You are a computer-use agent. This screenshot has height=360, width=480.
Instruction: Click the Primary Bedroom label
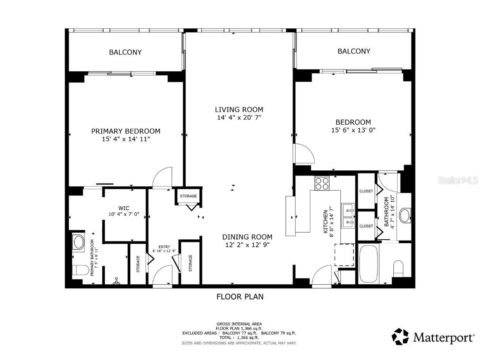tap(126, 131)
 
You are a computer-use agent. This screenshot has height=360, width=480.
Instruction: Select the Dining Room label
tap(247, 237)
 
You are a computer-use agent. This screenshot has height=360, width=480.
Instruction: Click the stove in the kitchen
tap(321, 183)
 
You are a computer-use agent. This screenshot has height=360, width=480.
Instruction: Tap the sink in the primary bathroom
tap(79, 242)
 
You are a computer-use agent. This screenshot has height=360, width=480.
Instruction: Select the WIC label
tap(123, 208)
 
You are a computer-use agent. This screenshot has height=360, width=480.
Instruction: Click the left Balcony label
tap(126, 52)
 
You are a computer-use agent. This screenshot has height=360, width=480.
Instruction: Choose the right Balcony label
tap(354, 51)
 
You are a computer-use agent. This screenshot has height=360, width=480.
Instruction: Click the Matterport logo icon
tap(400, 337)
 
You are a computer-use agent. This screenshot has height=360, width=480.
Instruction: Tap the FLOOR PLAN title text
tap(240, 297)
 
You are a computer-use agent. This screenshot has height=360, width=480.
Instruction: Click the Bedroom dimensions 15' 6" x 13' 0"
tap(353, 130)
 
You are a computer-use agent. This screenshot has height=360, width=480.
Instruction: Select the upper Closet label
tap(366, 191)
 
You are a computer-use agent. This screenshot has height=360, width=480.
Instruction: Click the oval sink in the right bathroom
tap(404, 216)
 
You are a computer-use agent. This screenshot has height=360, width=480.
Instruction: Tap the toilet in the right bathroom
tap(398, 268)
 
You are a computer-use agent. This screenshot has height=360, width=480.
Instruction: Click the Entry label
tap(164, 247)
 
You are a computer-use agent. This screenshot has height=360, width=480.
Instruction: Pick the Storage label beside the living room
tap(188, 196)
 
